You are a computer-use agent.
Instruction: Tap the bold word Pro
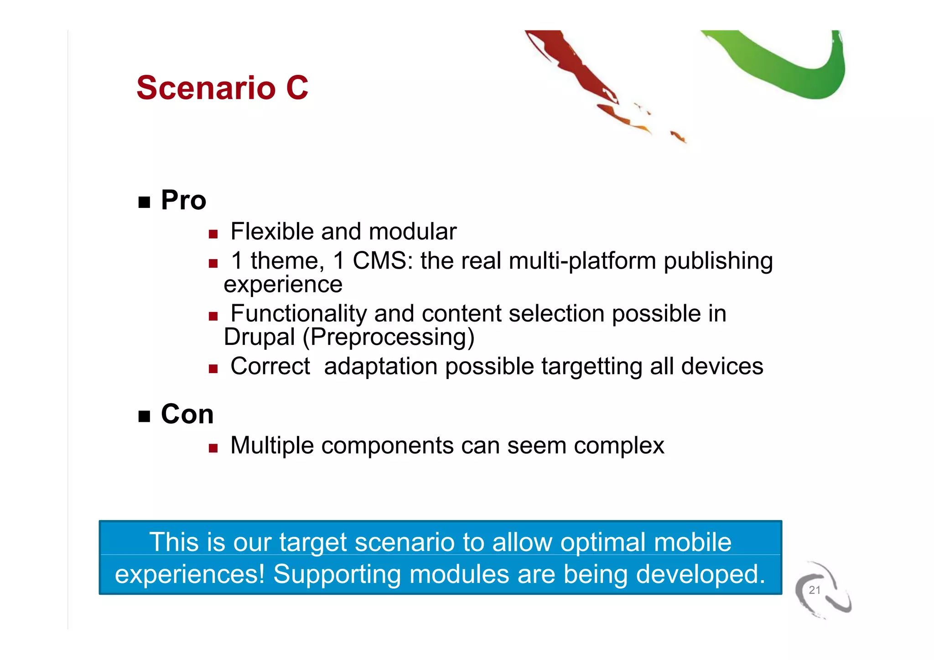tap(183, 200)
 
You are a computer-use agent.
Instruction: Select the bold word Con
tap(187, 415)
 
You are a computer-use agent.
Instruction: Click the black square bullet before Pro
tap(144, 202)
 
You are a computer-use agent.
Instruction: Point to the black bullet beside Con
tap(144, 416)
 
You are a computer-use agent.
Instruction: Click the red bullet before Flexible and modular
tap(213, 234)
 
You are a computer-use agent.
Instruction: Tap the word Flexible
tap(272, 232)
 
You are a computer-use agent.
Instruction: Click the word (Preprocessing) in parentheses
tap(388, 338)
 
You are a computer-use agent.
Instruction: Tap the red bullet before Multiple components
tap(213, 448)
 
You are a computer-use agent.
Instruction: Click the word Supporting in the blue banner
tap(337, 574)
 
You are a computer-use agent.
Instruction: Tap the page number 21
tap(815, 590)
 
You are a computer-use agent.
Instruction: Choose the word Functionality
tap(298, 314)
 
